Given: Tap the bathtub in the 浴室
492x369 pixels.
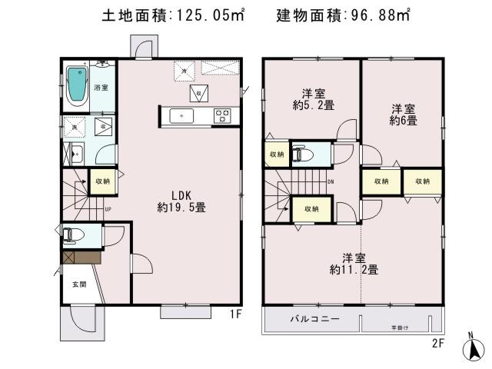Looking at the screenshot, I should tap(78, 87).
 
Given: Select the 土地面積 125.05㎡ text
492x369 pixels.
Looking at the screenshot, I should tap(173, 16).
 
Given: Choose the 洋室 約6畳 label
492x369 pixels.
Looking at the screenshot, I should tap(403, 115).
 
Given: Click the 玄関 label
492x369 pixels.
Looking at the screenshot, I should tap(79, 284).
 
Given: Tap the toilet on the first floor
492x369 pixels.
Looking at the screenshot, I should tap(72, 234).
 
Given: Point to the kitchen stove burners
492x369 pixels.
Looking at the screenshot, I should tap(222, 116).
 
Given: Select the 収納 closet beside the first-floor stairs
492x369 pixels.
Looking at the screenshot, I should tap(102, 181).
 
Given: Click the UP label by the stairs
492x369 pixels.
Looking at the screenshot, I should tap(107, 208).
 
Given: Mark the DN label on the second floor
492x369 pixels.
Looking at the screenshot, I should tap(331, 182).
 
